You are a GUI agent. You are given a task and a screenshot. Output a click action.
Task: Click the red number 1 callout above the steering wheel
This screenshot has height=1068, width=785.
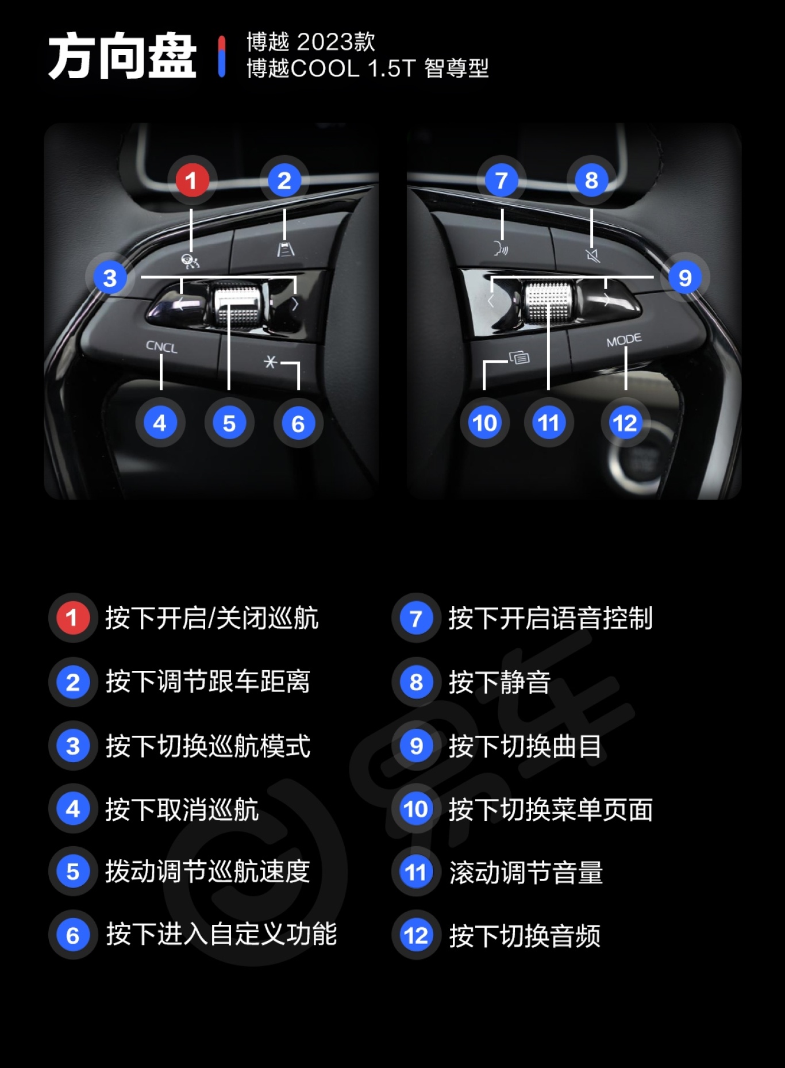[191, 180]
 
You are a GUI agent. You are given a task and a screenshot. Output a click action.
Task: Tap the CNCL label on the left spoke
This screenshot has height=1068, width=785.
[161, 347]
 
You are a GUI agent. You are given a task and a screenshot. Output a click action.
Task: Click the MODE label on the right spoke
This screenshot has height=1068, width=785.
[624, 340]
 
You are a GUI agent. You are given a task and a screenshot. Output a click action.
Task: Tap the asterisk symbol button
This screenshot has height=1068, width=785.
[270, 362]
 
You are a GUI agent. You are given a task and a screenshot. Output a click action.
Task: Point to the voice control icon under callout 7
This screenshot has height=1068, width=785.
[501, 248]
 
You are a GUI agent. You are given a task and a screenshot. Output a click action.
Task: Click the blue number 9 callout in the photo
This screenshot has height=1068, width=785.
[684, 278]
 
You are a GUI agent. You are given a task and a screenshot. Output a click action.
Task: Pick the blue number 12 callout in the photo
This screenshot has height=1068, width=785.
[625, 423]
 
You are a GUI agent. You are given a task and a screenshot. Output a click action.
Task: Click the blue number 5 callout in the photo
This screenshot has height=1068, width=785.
[229, 423]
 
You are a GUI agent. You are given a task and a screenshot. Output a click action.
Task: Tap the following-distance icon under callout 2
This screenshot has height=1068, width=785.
[286, 249]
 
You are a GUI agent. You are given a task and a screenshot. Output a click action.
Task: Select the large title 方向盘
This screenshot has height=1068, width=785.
[122, 56]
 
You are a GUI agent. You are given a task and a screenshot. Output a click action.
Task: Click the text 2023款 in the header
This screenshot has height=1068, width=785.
[336, 42]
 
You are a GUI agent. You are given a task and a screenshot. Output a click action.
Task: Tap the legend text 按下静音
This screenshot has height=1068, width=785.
[499, 682]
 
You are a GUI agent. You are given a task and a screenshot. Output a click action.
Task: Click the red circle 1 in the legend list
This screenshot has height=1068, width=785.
[72, 618]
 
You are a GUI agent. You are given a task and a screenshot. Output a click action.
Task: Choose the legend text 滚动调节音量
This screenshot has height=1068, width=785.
[526, 872]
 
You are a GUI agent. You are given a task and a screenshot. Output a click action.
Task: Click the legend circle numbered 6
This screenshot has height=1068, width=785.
[72, 935]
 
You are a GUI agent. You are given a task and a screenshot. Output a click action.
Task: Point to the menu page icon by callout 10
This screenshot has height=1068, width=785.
[520, 358]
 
